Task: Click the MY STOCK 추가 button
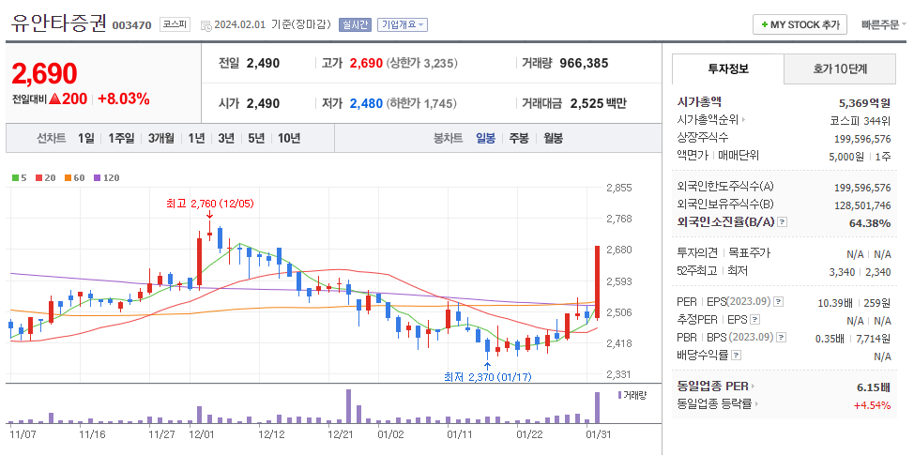click(800, 24)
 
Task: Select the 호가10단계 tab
click(840, 69)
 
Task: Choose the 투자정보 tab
click(728, 69)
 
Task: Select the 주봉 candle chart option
click(519, 138)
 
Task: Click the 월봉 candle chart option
click(553, 138)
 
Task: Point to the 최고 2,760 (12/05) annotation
click(209, 203)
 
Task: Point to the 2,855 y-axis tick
click(618, 188)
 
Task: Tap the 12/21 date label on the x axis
click(341, 434)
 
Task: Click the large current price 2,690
click(45, 73)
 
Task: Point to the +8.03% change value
click(123, 99)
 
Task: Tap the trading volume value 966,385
click(584, 63)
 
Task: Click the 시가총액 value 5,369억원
click(864, 102)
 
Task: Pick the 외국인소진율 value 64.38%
click(869, 222)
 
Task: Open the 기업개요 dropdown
click(403, 24)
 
